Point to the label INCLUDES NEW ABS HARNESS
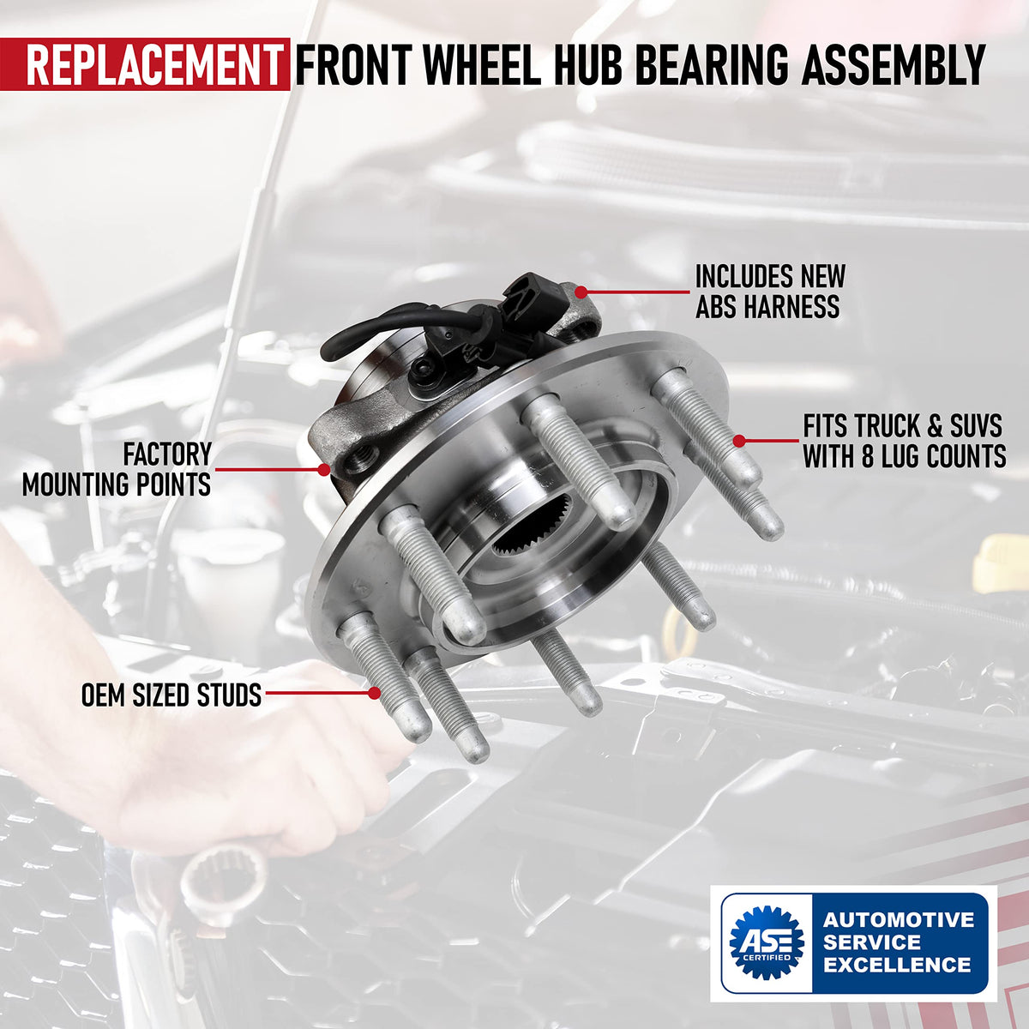(770, 292)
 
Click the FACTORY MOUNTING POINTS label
(117, 469)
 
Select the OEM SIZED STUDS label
(171, 695)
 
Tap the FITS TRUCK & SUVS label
(902, 427)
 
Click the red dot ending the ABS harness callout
(581, 292)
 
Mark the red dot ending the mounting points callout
(323, 470)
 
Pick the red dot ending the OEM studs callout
(375, 693)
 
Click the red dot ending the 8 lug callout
(739, 441)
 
